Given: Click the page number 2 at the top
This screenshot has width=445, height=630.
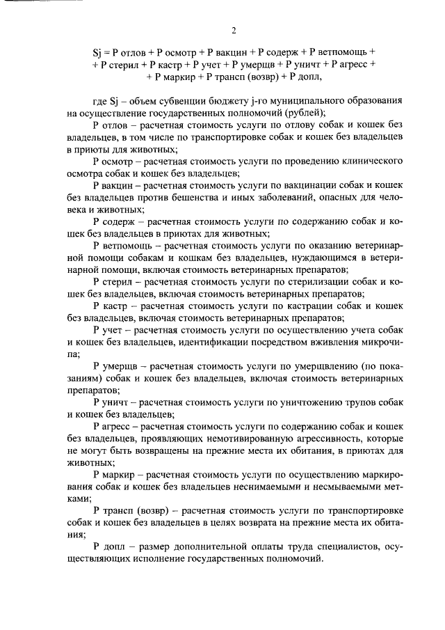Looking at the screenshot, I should pos(234,31).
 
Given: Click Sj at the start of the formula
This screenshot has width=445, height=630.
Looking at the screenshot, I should pos(97,52).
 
